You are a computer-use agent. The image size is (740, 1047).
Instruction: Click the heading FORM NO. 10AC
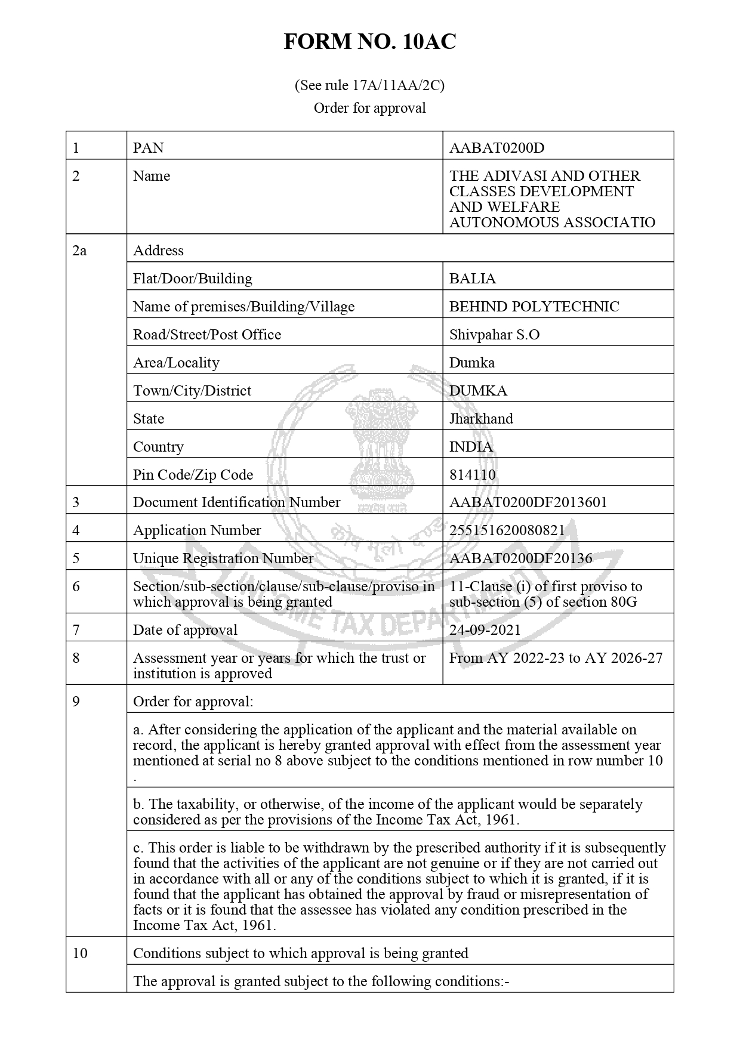pos(369,42)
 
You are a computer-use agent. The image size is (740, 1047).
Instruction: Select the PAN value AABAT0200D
pos(497,148)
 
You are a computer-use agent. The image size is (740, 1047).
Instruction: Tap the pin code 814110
pos(472,475)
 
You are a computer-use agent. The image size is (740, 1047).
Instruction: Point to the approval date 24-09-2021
pos(485,630)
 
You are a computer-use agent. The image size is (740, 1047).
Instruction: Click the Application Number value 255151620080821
pos(507,530)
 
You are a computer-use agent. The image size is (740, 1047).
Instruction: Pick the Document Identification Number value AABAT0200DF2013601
pos(528,502)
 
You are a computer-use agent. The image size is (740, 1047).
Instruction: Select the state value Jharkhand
pos(481,419)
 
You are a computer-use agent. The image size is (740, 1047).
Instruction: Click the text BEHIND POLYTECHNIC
pos(534,307)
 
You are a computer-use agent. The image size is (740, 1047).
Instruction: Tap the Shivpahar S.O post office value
pos(494,335)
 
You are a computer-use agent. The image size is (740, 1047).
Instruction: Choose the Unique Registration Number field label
pos(223,558)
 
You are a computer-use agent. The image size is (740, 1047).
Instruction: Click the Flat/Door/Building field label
pos(192,279)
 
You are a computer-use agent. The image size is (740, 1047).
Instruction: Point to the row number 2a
pos(79,251)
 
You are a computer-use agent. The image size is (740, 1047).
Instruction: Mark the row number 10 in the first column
pos(80,953)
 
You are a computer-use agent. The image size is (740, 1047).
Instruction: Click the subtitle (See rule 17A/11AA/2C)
pos(369,86)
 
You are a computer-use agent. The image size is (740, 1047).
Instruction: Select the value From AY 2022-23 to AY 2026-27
pos(556,658)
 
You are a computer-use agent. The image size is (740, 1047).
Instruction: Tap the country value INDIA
pos(471,447)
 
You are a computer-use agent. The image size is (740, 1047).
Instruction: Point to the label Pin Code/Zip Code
pos(193,475)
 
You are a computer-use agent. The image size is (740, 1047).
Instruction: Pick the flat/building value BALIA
pos(472,279)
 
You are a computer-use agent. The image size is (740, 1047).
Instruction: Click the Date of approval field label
pos(185,630)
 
